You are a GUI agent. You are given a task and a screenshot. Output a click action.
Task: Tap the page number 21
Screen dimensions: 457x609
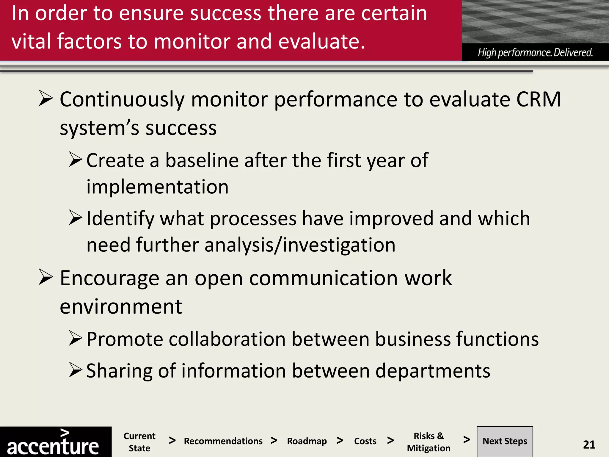coord(589,445)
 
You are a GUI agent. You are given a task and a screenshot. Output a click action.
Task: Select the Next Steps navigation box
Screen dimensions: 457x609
coord(505,441)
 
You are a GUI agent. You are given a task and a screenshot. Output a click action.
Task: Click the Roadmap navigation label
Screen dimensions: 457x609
coord(307,441)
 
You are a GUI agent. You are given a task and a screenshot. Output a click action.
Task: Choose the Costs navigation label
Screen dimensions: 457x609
coord(365,441)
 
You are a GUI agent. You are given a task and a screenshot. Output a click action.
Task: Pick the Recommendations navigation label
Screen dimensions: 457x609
coord(223,441)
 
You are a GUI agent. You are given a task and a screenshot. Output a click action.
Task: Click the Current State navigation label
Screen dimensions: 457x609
coord(139,442)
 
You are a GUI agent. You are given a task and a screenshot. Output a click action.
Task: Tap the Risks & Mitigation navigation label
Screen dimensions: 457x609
coord(429,442)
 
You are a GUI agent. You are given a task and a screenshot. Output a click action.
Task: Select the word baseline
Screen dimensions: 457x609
coord(202,161)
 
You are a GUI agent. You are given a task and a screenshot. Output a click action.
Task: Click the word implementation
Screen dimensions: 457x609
coord(157,187)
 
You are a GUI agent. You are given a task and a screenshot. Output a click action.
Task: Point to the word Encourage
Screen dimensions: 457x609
coord(110,278)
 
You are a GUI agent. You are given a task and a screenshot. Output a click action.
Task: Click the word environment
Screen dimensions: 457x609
coord(121,307)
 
